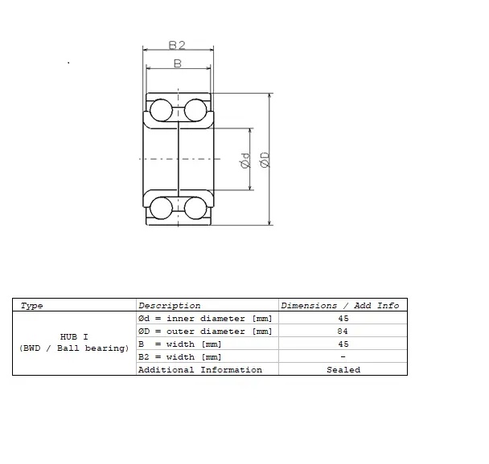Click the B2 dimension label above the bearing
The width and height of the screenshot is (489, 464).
[x=178, y=46]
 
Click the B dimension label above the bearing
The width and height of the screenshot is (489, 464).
[x=177, y=63]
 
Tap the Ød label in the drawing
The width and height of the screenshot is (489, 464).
[x=244, y=161]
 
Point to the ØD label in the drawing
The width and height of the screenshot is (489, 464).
[x=264, y=159]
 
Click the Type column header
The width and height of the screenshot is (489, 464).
[x=32, y=306]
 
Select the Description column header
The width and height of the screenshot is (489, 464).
[x=170, y=306]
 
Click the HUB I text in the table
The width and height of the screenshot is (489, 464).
[x=74, y=336]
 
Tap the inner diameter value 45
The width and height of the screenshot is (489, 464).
[x=343, y=319]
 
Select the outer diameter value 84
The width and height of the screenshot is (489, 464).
[x=343, y=332]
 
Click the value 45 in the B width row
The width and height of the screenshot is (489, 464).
[x=343, y=344]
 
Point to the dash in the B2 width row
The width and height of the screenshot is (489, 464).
[x=343, y=357]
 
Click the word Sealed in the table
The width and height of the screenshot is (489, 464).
[x=343, y=370]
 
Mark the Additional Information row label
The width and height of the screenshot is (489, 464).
[x=200, y=370]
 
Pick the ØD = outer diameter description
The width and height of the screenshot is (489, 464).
[x=205, y=332]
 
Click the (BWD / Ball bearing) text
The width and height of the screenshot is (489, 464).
[x=74, y=348]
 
